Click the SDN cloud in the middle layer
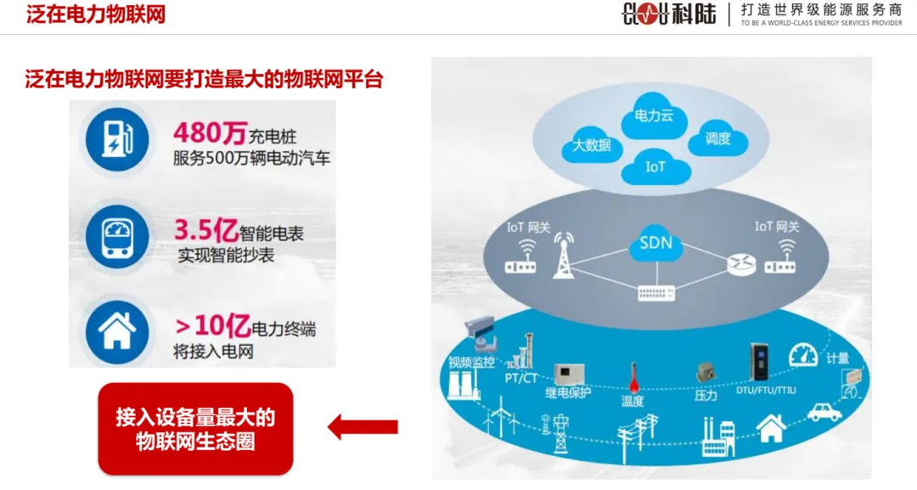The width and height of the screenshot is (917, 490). point(655,244)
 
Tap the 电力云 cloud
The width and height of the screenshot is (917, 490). point(654,116)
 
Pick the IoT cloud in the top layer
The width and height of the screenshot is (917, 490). point(655,166)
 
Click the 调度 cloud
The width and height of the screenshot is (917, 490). point(717,138)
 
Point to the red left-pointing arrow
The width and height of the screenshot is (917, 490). point(363,426)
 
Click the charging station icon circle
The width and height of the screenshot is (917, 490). point(114,138)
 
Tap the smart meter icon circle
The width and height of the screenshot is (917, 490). point(114,233)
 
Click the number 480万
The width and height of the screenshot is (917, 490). point(210,134)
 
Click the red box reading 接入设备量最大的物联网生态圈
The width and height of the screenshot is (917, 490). point(195,429)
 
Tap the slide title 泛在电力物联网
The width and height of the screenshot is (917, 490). point(96,14)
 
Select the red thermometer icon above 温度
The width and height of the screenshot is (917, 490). point(632,376)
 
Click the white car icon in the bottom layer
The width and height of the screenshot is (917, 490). point(824,412)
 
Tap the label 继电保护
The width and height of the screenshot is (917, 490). point(568,392)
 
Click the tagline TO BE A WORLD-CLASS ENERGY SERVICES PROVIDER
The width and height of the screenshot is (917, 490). point(821,24)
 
